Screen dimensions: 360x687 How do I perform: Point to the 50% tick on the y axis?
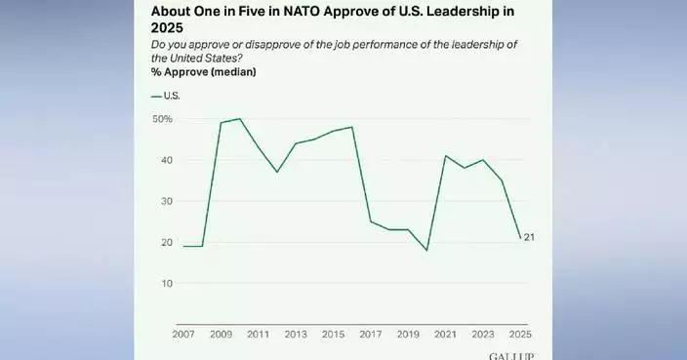(x=162, y=119)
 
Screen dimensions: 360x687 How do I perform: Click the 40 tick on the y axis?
(x=166, y=160)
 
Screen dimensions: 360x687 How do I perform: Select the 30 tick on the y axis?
(x=166, y=201)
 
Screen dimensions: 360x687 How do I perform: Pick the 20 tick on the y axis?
(x=166, y=242)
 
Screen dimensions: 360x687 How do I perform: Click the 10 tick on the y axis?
(x=166, y=283)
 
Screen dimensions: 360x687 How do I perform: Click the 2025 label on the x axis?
(x=519, y=335)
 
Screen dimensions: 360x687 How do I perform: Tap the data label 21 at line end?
(x=530, y=237)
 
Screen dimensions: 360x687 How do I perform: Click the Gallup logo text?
(x=511, y=355)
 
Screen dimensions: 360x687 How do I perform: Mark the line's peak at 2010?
(x=240, y=119)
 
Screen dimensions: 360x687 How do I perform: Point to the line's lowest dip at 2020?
(x=426, y=251)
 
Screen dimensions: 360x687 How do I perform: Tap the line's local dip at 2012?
(x=276, y=172)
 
